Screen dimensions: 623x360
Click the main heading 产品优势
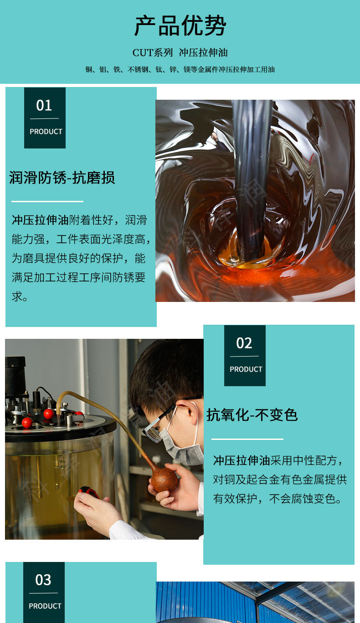[180, 26]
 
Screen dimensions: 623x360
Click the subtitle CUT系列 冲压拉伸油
[180, 52]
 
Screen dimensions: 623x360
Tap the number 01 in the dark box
[44, 106]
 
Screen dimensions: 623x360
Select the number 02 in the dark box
[244, 343]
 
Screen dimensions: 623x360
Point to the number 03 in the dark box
[43, 580]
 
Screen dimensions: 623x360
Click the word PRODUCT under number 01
[46, 132]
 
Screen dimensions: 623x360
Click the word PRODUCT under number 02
[246, 369]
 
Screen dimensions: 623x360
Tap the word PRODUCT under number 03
[45, 606]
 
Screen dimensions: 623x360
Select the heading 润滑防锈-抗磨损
[62, 178]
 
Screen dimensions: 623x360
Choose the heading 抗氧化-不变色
[252, 415]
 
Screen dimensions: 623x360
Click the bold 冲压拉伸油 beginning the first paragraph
[40, 220]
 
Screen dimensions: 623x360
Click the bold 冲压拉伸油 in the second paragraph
[242, 460]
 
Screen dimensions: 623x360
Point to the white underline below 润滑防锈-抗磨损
[47, 201]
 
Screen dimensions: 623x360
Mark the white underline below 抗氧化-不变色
[247, 439]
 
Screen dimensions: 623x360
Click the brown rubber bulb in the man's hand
[164, 479]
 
